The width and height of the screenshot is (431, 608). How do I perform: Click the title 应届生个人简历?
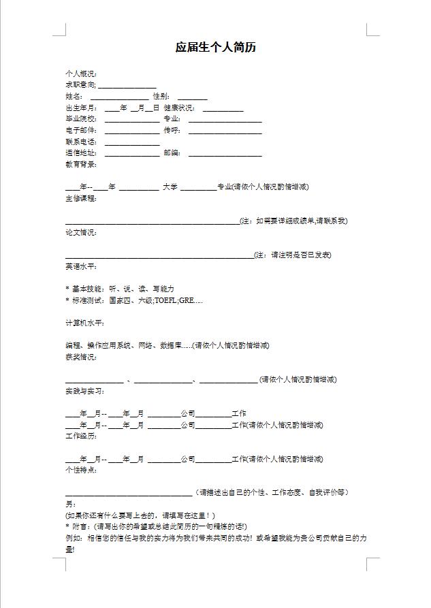[x=215, y=48]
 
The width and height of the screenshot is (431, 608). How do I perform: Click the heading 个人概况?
[x=80, y=74]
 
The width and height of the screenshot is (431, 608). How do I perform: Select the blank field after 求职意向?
[x=128, y=85]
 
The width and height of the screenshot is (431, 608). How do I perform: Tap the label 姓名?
[x=74, y=97]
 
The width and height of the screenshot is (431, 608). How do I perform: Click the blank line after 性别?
[x=192, y=97]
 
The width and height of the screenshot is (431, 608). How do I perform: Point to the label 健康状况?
[x=179, y=108]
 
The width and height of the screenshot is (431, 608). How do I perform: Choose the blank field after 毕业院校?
[x=132, y=119]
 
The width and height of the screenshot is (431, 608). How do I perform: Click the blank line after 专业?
[x=215, y=119]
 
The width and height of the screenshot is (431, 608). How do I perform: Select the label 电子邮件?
[x=80, y=130]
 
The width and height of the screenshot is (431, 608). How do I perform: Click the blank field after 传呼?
[x=215, y=130]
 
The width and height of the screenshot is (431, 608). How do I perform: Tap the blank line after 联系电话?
[x=132, y=142]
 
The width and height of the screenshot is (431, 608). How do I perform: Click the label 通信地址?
[x=80, y=153]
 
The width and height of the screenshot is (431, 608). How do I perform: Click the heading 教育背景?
[x=80, y=164]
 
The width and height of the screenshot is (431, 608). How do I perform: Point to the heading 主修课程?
[x=80, y=198]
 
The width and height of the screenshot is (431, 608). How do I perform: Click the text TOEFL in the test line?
[x=166, y=300]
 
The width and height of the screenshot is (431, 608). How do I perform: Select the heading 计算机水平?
[x=84, y=323]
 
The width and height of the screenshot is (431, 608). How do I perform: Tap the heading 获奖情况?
[x=80, y=357]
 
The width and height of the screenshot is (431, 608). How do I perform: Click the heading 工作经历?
[x=80, y=436]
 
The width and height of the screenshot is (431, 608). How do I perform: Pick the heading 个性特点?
[x=80, y=470]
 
